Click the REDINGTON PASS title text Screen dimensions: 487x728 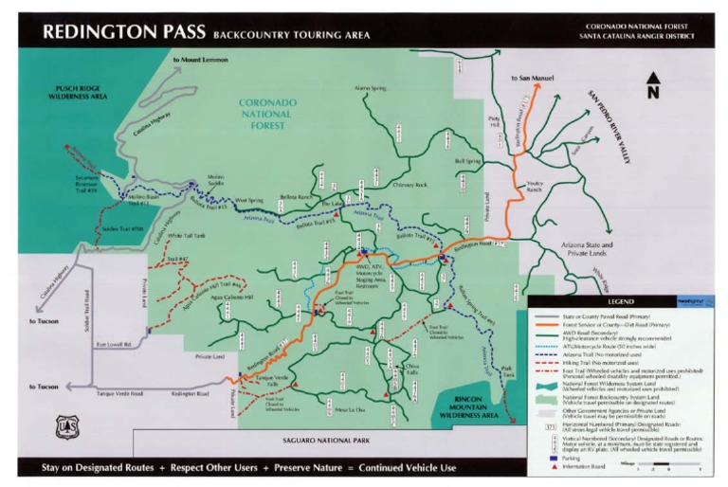pos(124,32)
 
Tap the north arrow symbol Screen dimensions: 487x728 pos(652,84)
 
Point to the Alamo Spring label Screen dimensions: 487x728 pos(372,88)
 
